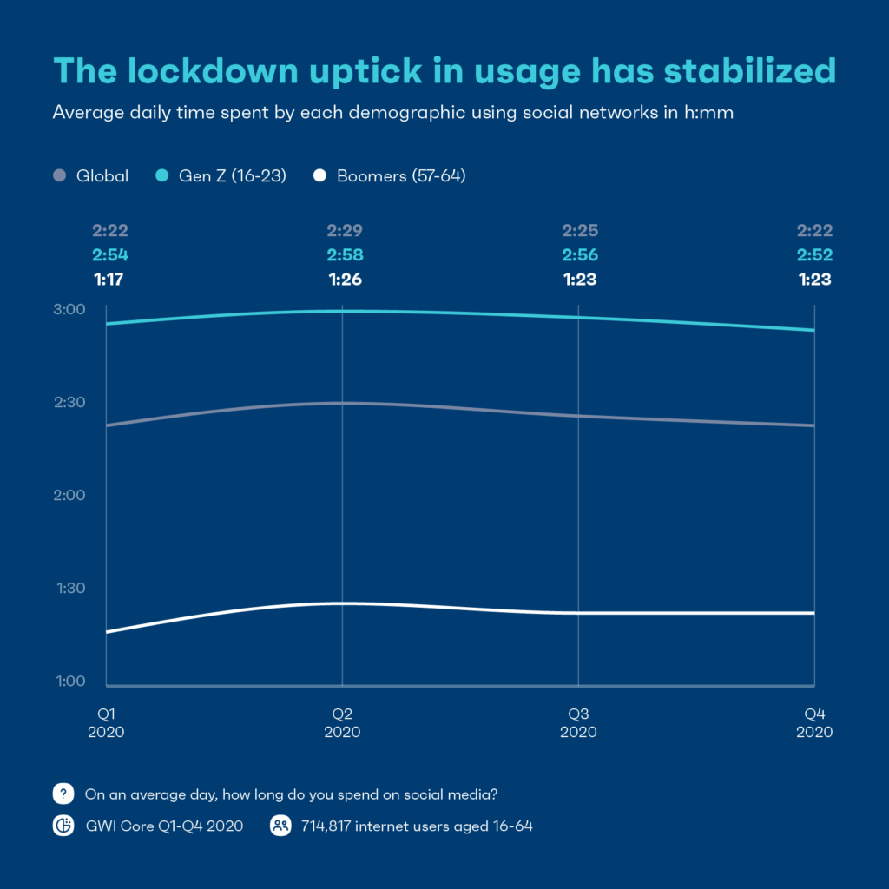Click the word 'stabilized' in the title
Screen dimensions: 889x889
(751, 71)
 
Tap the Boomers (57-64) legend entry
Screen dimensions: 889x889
(391, 176)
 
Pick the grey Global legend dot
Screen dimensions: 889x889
(60, 176)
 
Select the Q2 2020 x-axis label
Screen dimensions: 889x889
(342, 722)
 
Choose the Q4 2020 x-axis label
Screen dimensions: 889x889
(814, 722)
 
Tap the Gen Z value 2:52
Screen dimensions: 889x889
(815, 255)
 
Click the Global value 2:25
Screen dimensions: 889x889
(579, 231)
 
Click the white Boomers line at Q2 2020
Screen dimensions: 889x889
(342, 603)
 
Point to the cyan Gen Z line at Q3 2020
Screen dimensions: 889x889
(578, 317)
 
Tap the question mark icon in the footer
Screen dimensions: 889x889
(63, 794)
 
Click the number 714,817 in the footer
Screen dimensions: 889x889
(332, 826)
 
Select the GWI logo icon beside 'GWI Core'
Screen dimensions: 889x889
(63, 826)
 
